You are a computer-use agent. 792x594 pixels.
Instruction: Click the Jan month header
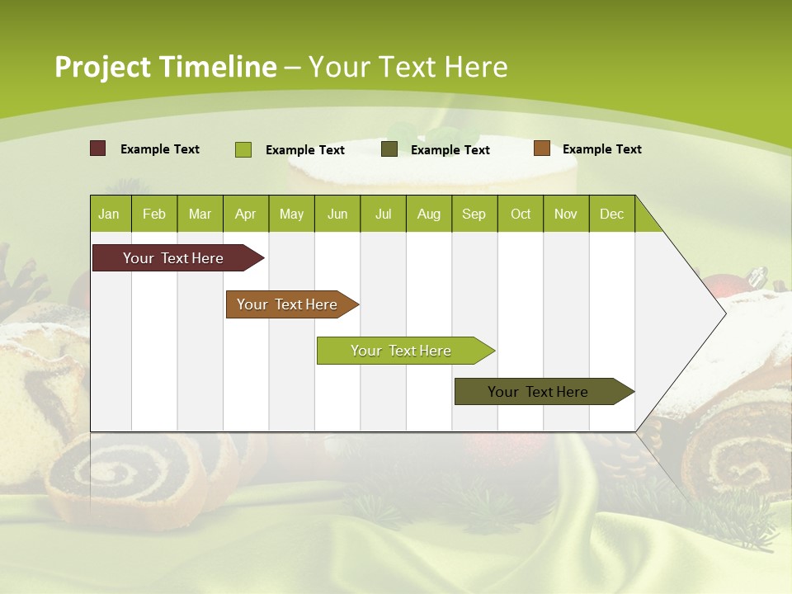(109, 214)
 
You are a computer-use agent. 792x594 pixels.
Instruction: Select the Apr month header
(245, 214)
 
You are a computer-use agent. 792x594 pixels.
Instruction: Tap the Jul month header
(383, 214)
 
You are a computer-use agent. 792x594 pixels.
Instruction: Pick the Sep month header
(474, 214)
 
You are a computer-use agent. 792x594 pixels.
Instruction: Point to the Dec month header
(611, 214)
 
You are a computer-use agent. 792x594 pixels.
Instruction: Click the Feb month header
(154, 214)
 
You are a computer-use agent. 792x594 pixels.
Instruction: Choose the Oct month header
(521, 214)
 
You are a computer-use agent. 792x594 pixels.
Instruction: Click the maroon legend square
(98, 148)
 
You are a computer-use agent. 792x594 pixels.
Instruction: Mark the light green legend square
(243, 149)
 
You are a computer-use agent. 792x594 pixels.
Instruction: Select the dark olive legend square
(389, 149)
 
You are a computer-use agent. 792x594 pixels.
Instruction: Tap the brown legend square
(541, 148)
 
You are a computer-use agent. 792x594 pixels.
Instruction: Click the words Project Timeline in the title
(166, 67)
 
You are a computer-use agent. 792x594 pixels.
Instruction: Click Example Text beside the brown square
(601, 149)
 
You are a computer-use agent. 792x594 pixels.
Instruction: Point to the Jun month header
(337, 214)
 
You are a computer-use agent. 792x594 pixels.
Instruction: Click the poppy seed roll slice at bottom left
(124, 478)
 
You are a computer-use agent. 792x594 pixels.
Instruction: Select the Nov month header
(566, 214)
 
